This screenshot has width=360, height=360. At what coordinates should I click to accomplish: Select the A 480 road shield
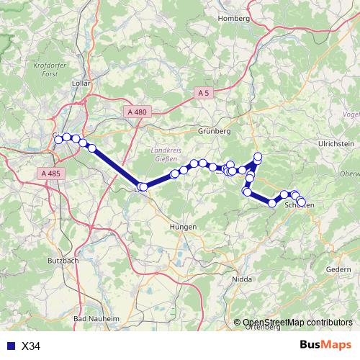136,112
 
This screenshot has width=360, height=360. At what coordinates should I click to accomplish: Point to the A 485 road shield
50,174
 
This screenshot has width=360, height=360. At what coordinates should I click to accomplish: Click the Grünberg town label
214,132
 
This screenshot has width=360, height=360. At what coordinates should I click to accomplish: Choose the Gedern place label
338,269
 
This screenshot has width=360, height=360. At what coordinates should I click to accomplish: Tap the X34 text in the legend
31,346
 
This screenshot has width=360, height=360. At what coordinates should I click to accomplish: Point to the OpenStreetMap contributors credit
297,323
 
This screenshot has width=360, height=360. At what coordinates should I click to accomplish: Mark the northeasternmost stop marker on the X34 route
258,157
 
